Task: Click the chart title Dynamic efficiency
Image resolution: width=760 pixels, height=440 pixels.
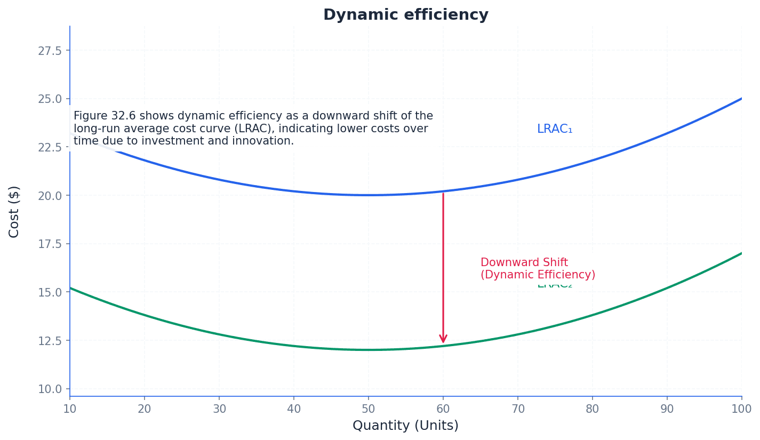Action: point(405,15)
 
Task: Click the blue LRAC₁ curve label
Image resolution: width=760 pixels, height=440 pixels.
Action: point(554,129)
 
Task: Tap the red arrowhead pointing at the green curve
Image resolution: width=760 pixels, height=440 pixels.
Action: point(443,339)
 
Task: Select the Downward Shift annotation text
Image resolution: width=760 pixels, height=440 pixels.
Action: point(524,263)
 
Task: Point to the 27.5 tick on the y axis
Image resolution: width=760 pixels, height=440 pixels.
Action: point(50,51)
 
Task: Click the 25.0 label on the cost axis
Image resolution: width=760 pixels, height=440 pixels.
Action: point(50,99)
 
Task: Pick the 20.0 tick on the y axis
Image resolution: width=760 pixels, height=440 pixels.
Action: point(50,196)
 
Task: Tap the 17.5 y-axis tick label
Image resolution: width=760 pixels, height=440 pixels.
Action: point(50,244)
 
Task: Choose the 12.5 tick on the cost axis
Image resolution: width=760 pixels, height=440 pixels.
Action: point(50,340)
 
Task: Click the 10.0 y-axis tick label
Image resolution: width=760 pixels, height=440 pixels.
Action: point(50,389)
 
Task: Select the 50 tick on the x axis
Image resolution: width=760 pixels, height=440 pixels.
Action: point(368,409)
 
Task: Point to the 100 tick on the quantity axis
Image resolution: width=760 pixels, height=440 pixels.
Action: point(741,409)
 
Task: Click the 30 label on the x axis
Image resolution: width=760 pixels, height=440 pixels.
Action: point(219,409)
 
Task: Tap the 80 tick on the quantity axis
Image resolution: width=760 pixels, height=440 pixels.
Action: point(592,409)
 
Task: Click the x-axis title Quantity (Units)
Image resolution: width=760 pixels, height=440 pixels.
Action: point(405,426)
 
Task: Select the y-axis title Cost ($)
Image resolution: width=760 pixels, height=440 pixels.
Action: point(14,211)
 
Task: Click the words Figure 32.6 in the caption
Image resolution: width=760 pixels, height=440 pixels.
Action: point(105,116)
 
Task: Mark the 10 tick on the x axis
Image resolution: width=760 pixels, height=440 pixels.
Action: point(70,409)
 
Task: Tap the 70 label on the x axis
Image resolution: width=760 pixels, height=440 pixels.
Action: point(517,409)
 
